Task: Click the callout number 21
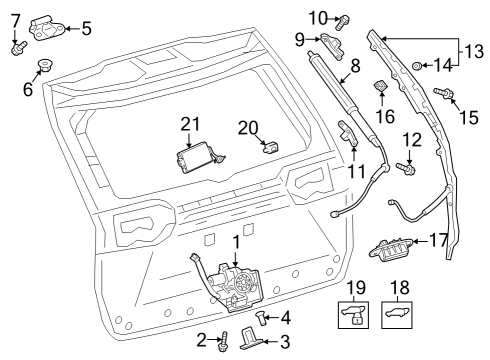click(191, 124)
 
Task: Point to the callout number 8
click(354, 67)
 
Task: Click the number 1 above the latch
click(236, 242)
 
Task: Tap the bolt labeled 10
click(343, 19)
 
